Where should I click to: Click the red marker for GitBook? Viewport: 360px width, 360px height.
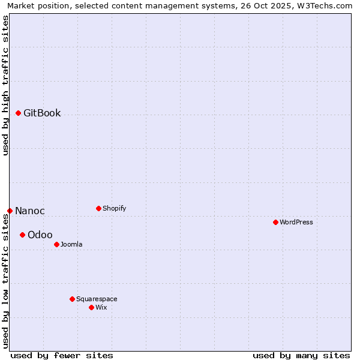point(18,113)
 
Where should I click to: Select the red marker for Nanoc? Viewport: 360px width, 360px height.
point(10,211)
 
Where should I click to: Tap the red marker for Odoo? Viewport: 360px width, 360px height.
point(22,235)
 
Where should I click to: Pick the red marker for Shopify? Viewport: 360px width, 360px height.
point(98,208)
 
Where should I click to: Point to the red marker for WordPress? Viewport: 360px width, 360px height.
point(275,222)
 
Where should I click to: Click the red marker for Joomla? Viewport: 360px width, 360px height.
point(56,244)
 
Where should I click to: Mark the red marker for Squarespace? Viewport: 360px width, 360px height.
point(72,299)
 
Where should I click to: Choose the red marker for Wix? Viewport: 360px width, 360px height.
point(91,307)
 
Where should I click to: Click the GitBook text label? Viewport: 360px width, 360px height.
point(42,113)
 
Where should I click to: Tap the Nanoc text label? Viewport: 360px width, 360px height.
point(30,211)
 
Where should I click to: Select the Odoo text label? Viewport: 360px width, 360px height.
point(40,235)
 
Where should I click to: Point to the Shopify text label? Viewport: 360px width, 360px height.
point(114,209)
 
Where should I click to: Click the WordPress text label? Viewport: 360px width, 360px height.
point(296,223)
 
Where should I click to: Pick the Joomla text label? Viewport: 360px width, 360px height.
point(71,245)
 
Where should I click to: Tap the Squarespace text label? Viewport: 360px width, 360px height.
point(97,299)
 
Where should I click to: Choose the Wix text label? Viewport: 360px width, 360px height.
point(101,308)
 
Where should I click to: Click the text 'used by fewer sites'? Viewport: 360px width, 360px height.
point(62,355)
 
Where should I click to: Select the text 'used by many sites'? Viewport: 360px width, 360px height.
point(301,355)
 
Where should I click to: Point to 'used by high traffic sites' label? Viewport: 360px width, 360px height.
point(5,85)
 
